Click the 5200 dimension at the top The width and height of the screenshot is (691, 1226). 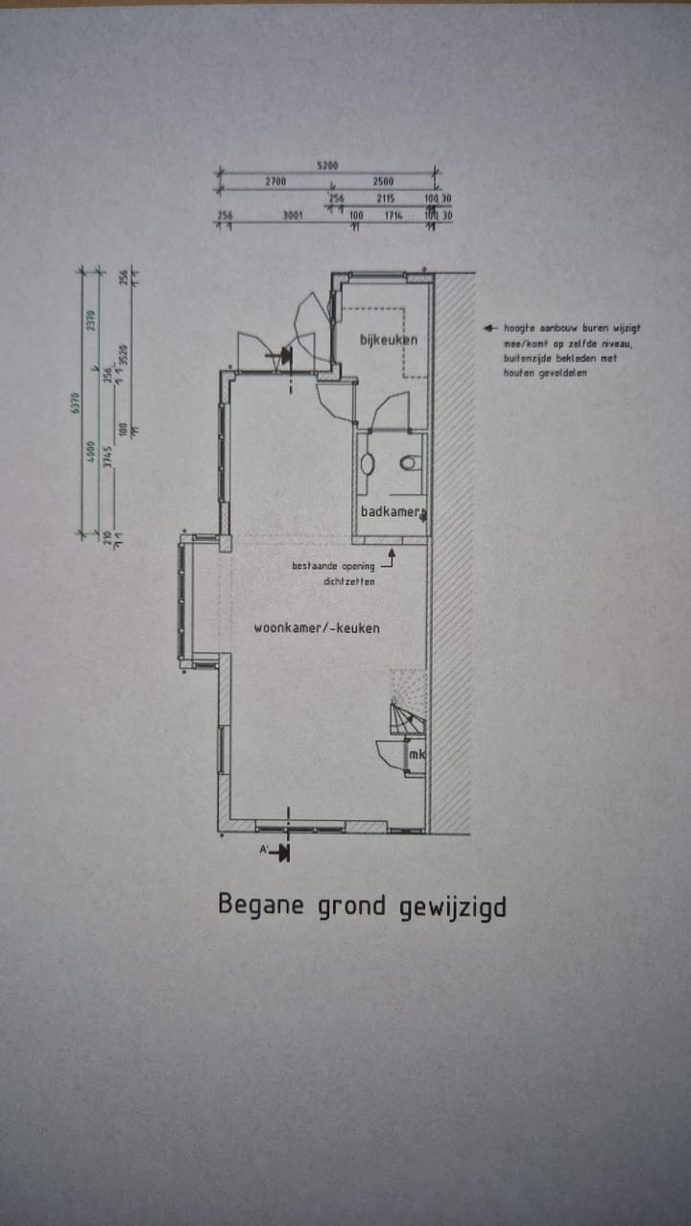(x=327, y=166)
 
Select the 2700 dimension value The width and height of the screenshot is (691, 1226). (x=275, y=181)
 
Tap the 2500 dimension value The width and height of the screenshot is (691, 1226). (x=383, y=181)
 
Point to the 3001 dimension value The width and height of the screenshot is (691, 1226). (x=293, y=216)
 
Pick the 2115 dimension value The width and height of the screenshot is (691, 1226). (x=386, y=199)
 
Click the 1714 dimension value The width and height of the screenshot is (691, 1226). (x=393, y=216)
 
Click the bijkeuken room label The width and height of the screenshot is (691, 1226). (x=389, y=340)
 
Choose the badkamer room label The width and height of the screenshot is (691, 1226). (x=392, y=512)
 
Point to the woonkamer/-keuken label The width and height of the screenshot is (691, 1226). (x=316, y=628)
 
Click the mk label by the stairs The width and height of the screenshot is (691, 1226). (x=417, y=755)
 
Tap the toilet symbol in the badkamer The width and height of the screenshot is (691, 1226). (x=410, y=462)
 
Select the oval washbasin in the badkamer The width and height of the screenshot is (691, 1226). (x=367, y=462)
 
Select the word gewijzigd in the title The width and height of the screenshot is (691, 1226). (x=452, y=907)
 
